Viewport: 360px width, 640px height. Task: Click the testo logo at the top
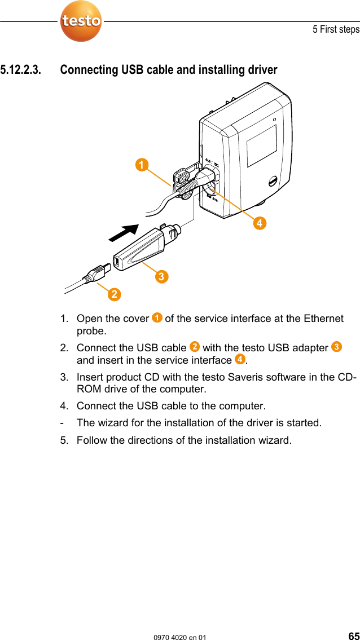81,21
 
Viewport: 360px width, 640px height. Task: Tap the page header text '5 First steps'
336,29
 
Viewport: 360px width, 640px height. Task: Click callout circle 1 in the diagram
142,165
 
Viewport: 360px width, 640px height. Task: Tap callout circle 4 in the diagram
258,223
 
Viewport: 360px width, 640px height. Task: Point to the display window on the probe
261,145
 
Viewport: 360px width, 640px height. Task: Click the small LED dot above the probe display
274,120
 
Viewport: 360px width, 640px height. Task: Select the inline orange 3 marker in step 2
336,347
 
